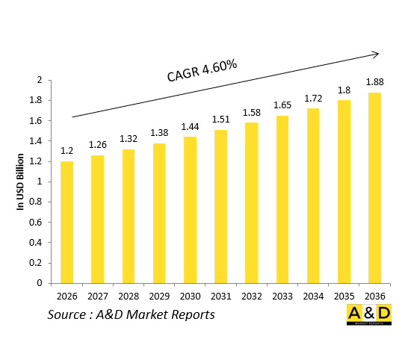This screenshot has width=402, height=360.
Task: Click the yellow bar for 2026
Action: point(67,222)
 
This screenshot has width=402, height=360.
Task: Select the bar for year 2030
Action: point(191,210)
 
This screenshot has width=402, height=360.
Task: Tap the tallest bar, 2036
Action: point(374,187)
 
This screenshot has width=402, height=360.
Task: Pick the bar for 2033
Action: point(282,199)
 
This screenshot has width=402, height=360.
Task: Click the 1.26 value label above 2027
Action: point(98,144)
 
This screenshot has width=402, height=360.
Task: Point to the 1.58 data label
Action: point(251,112)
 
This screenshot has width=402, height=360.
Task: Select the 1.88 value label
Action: point(374,81)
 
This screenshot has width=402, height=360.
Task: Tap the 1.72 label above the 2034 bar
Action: point(312,98)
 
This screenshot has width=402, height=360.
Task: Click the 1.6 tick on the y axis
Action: point(35,121)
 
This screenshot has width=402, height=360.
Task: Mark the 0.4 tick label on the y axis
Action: point(35,243)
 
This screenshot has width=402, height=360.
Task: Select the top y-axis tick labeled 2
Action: point(39,80)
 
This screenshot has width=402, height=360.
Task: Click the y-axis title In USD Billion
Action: point(21,181)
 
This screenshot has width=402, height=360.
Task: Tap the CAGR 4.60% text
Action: point(202,71)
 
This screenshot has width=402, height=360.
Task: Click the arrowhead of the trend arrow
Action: point(376,53)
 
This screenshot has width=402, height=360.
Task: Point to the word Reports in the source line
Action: point(190,315)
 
